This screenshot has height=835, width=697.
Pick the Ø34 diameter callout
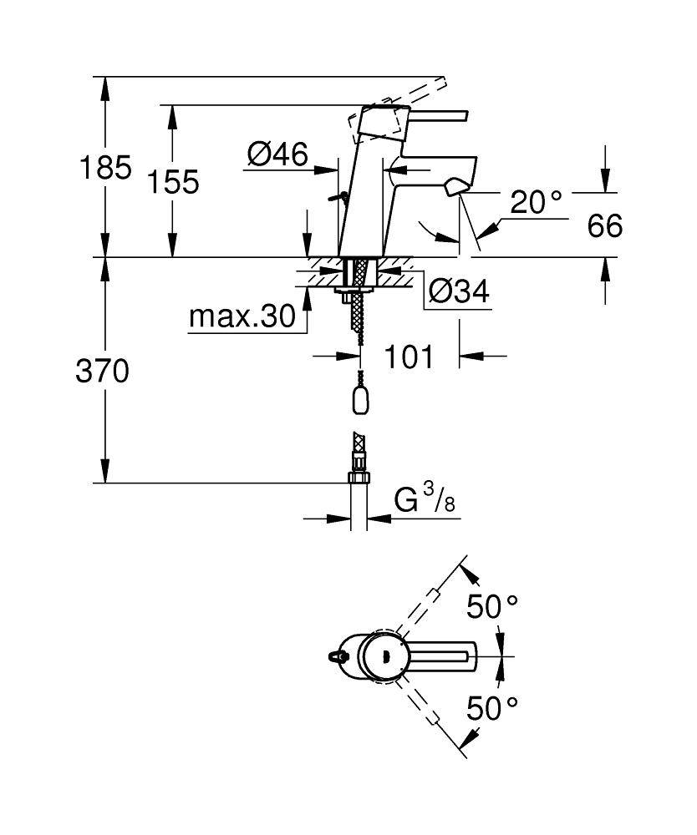point(457,291)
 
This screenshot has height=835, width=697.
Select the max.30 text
point(242,316)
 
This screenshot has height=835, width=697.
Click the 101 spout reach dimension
point(409,357)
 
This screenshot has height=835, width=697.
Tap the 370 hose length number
point(102,371)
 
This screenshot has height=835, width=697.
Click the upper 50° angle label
point(492,607)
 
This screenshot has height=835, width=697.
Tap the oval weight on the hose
point(360,400)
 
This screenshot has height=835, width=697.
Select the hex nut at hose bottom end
point(359,477)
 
